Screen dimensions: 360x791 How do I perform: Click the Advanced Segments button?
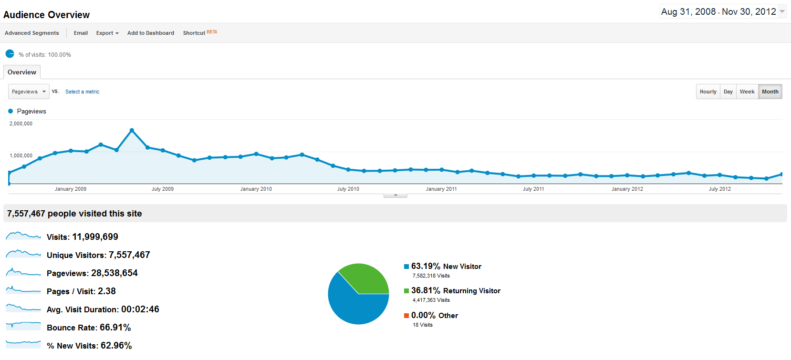point(32,33)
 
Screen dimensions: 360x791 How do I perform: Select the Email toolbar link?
point(81,33)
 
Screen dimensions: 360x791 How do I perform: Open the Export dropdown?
point(107,33)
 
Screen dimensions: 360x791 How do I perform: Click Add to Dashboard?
point(151,33)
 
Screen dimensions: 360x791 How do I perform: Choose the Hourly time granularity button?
point(708,92)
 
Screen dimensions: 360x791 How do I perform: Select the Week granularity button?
point(747,92)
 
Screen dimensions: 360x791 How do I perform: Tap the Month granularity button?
point(770,92)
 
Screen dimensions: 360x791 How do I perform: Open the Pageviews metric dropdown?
point(29,92)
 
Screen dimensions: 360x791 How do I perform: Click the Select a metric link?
point(83,92)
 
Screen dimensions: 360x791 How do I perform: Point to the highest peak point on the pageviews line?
point(132,130)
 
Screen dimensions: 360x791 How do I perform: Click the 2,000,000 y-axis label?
point(21,123)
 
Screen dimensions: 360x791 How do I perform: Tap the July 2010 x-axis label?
point(348,189)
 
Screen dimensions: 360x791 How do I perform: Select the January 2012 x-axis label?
point(627,189)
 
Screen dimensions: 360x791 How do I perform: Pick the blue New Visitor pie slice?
point(353,305)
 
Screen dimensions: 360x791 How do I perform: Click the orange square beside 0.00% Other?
point(406,316)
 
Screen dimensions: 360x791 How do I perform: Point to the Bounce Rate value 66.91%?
point(115,328)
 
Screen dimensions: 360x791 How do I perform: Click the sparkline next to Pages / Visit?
point(23,290)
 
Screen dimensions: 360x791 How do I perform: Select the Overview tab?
point(22,72)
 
